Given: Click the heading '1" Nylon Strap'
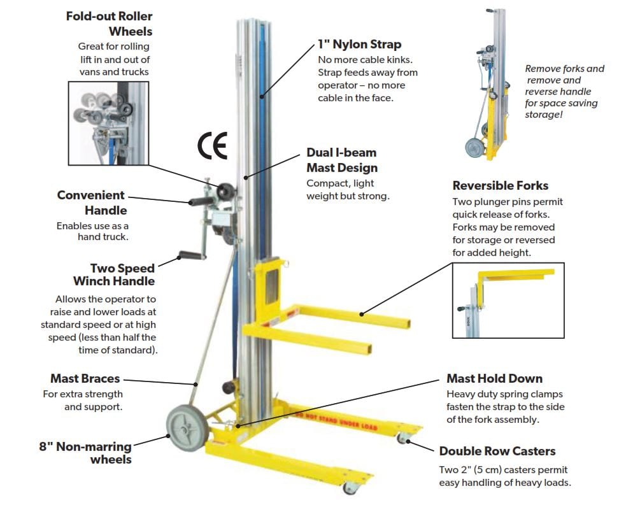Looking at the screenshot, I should [359, 45].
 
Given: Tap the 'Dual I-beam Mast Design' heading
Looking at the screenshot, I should [342, 160].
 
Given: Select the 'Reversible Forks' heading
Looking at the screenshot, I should [501, 185].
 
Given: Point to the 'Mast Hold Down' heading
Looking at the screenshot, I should [495, 378].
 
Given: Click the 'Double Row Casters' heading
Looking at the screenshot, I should [497, 451].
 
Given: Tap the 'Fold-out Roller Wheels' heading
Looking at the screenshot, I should [110, 23].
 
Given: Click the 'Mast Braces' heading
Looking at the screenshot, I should [85, 379].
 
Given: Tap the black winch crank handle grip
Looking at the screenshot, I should [190, 256].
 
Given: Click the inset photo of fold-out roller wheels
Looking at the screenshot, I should [108, 122].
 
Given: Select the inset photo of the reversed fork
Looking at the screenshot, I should [508, 300].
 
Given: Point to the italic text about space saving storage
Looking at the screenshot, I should [563, 92].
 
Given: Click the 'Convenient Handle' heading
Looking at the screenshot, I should [92, 203].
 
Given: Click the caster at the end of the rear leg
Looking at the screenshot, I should [402, 439].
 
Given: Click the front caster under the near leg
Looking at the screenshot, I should [350, 488].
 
